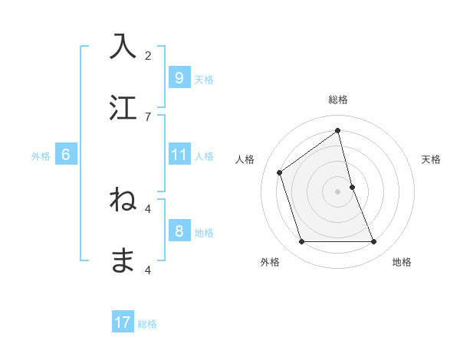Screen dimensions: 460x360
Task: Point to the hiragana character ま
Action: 123,260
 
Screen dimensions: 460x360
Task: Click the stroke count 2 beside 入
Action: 148,55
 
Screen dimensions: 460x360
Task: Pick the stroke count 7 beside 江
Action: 148,116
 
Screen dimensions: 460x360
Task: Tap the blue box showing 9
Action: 179,78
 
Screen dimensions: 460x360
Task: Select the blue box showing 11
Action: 179,155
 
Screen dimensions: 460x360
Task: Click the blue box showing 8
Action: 179,232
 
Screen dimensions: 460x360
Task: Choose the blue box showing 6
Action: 65,155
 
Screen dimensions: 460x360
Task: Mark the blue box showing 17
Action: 123,323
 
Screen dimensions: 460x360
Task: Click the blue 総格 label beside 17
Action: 147,324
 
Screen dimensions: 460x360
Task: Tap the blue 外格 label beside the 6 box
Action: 41,156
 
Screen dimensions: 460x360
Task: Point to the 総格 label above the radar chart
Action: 337,100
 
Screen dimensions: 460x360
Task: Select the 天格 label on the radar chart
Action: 431,159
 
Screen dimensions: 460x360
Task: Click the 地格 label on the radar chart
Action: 402,262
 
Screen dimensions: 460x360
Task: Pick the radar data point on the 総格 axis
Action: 337,131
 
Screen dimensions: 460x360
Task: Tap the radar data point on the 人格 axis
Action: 280,172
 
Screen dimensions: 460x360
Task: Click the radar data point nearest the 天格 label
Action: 352,186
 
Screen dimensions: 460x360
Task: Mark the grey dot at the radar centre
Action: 337,191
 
